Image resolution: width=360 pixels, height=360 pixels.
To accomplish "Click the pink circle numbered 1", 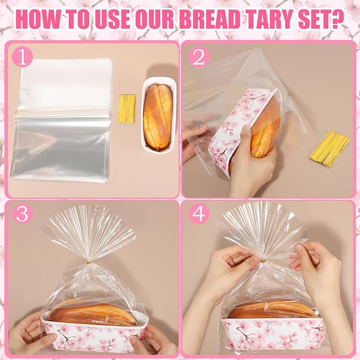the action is coord(22,57).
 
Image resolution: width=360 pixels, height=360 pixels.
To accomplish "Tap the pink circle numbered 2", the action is coord(199,57).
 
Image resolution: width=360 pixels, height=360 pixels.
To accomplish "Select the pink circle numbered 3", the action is coord(22,214).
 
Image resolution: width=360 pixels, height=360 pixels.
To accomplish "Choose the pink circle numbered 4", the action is coord(199,214).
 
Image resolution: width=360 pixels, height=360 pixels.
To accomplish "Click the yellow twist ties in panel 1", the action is coord(127,109).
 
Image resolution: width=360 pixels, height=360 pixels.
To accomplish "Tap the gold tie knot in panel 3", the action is coord(89,262).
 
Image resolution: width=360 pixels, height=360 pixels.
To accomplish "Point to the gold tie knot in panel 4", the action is coord(264,261).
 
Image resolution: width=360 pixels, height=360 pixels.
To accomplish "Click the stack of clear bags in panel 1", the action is coord(62,120).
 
